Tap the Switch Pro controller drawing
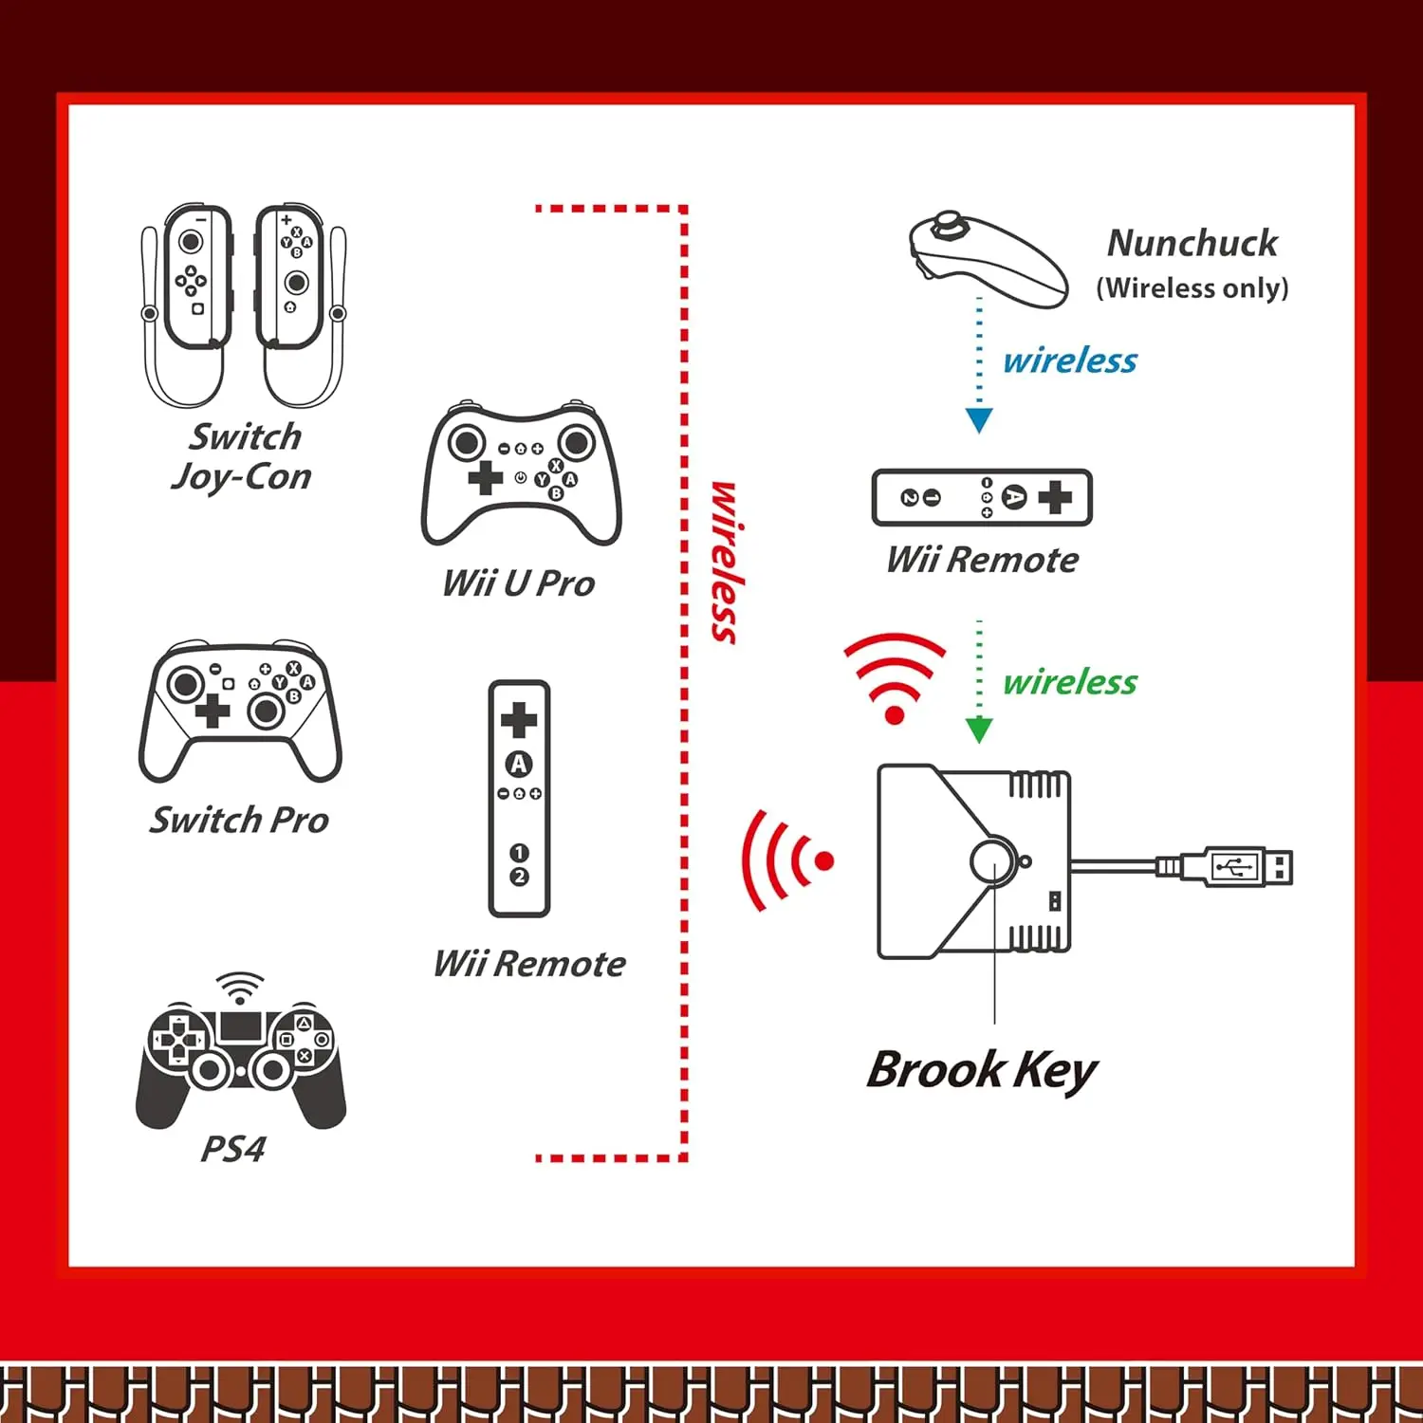pos(240,711)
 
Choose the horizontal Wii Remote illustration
pos(982,497)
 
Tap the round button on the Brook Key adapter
pos(992,861)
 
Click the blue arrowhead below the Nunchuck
pos(979,419)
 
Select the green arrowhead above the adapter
pos(979,730)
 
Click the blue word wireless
pos(1070,360)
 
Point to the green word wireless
pos(1070,682)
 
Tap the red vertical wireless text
pos(725,563)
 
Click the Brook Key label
pos(982,1071)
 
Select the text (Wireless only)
pos(1192,287)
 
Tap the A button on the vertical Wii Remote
pos(519,764)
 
